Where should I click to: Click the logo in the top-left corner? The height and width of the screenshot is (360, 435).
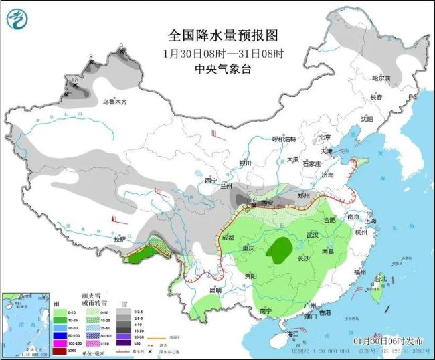point(18,20)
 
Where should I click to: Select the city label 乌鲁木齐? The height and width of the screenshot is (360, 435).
point(114,102)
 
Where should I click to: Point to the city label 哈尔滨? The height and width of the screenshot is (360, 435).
point(380,78)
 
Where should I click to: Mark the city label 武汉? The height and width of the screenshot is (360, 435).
point(313,235)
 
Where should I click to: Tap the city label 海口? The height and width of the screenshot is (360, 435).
point(292,333)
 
